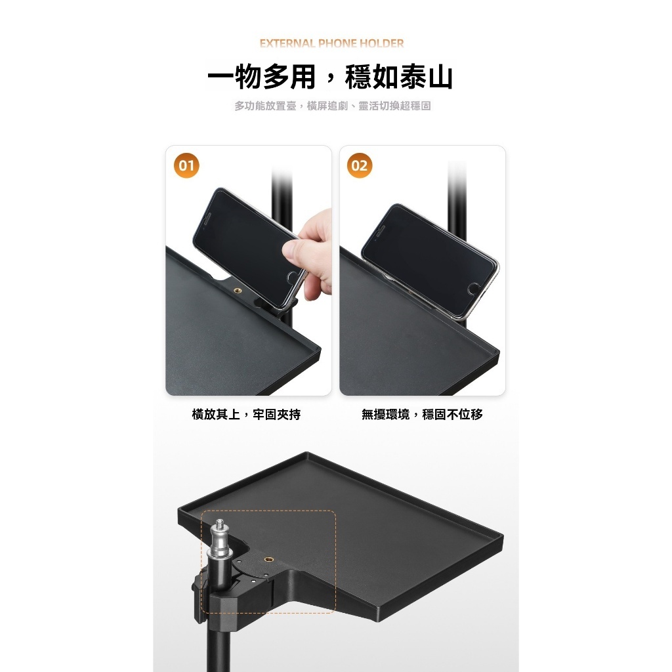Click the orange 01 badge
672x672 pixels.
pyautogui.click(x=187, y=165)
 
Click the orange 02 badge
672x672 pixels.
pyautogui.click(x=360, y=165)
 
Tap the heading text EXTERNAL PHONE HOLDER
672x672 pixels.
pyautogui.click(x=331, y=44)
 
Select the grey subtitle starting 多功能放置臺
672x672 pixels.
pyautogui.click(x=333, y=106)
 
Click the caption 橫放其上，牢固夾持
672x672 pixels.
pyautogui.click(x=246, y=415)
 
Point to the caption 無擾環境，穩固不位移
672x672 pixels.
pyautogui.click(x=422, y=415)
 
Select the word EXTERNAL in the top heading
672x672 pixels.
pyautogui.click(x=287, y=44)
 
